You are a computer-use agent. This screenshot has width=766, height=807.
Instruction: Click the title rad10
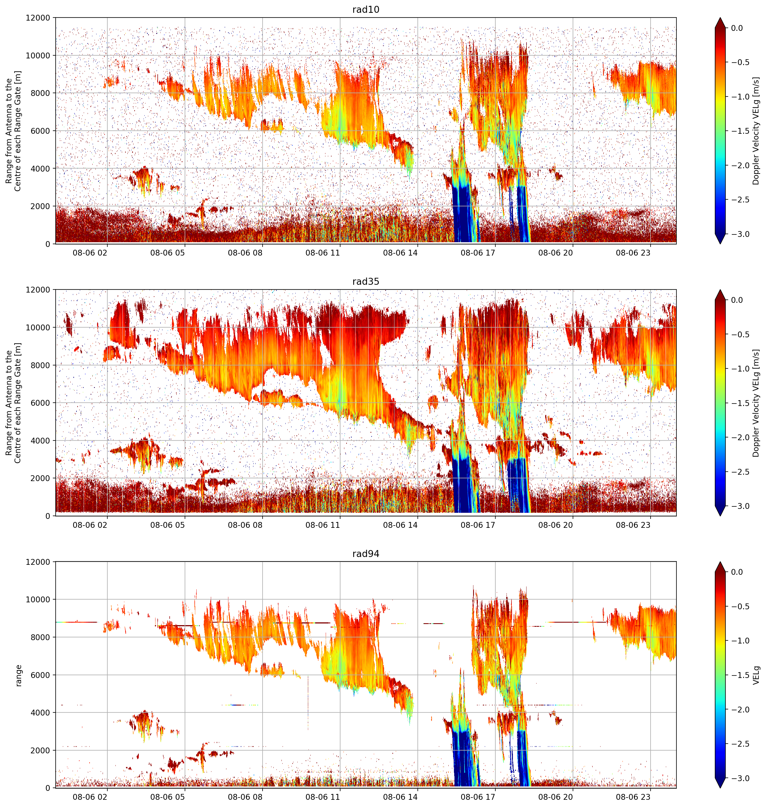[x=365, y=9]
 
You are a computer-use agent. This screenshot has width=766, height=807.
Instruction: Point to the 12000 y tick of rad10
[x=38, y=18]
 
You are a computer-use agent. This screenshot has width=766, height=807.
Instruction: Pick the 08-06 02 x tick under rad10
[x=90, y=253]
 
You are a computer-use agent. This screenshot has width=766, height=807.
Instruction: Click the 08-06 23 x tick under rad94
[x=633, y=797]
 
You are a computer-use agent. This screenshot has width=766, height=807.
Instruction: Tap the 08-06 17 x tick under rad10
[x=478, y=253]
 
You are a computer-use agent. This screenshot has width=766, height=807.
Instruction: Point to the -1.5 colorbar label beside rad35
[x=740, y=403]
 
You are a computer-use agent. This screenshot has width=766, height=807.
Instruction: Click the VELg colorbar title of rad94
[x=757, y=675]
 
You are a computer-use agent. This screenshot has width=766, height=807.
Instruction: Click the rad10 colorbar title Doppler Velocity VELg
[x=756, y=131]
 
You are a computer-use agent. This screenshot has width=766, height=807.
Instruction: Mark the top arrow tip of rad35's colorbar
[x=720, y=290]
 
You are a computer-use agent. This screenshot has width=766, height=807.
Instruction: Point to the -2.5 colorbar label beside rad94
[x=740, y=744]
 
